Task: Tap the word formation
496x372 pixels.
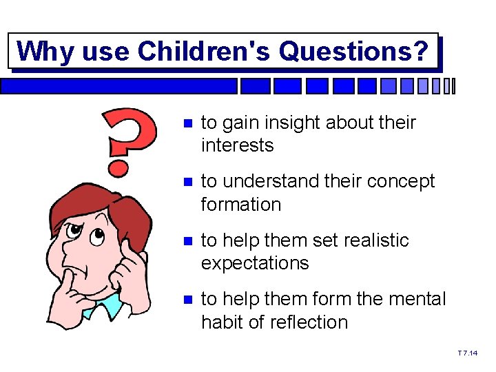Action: click(241, 205)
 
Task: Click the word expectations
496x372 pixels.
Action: click(255, 263)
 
